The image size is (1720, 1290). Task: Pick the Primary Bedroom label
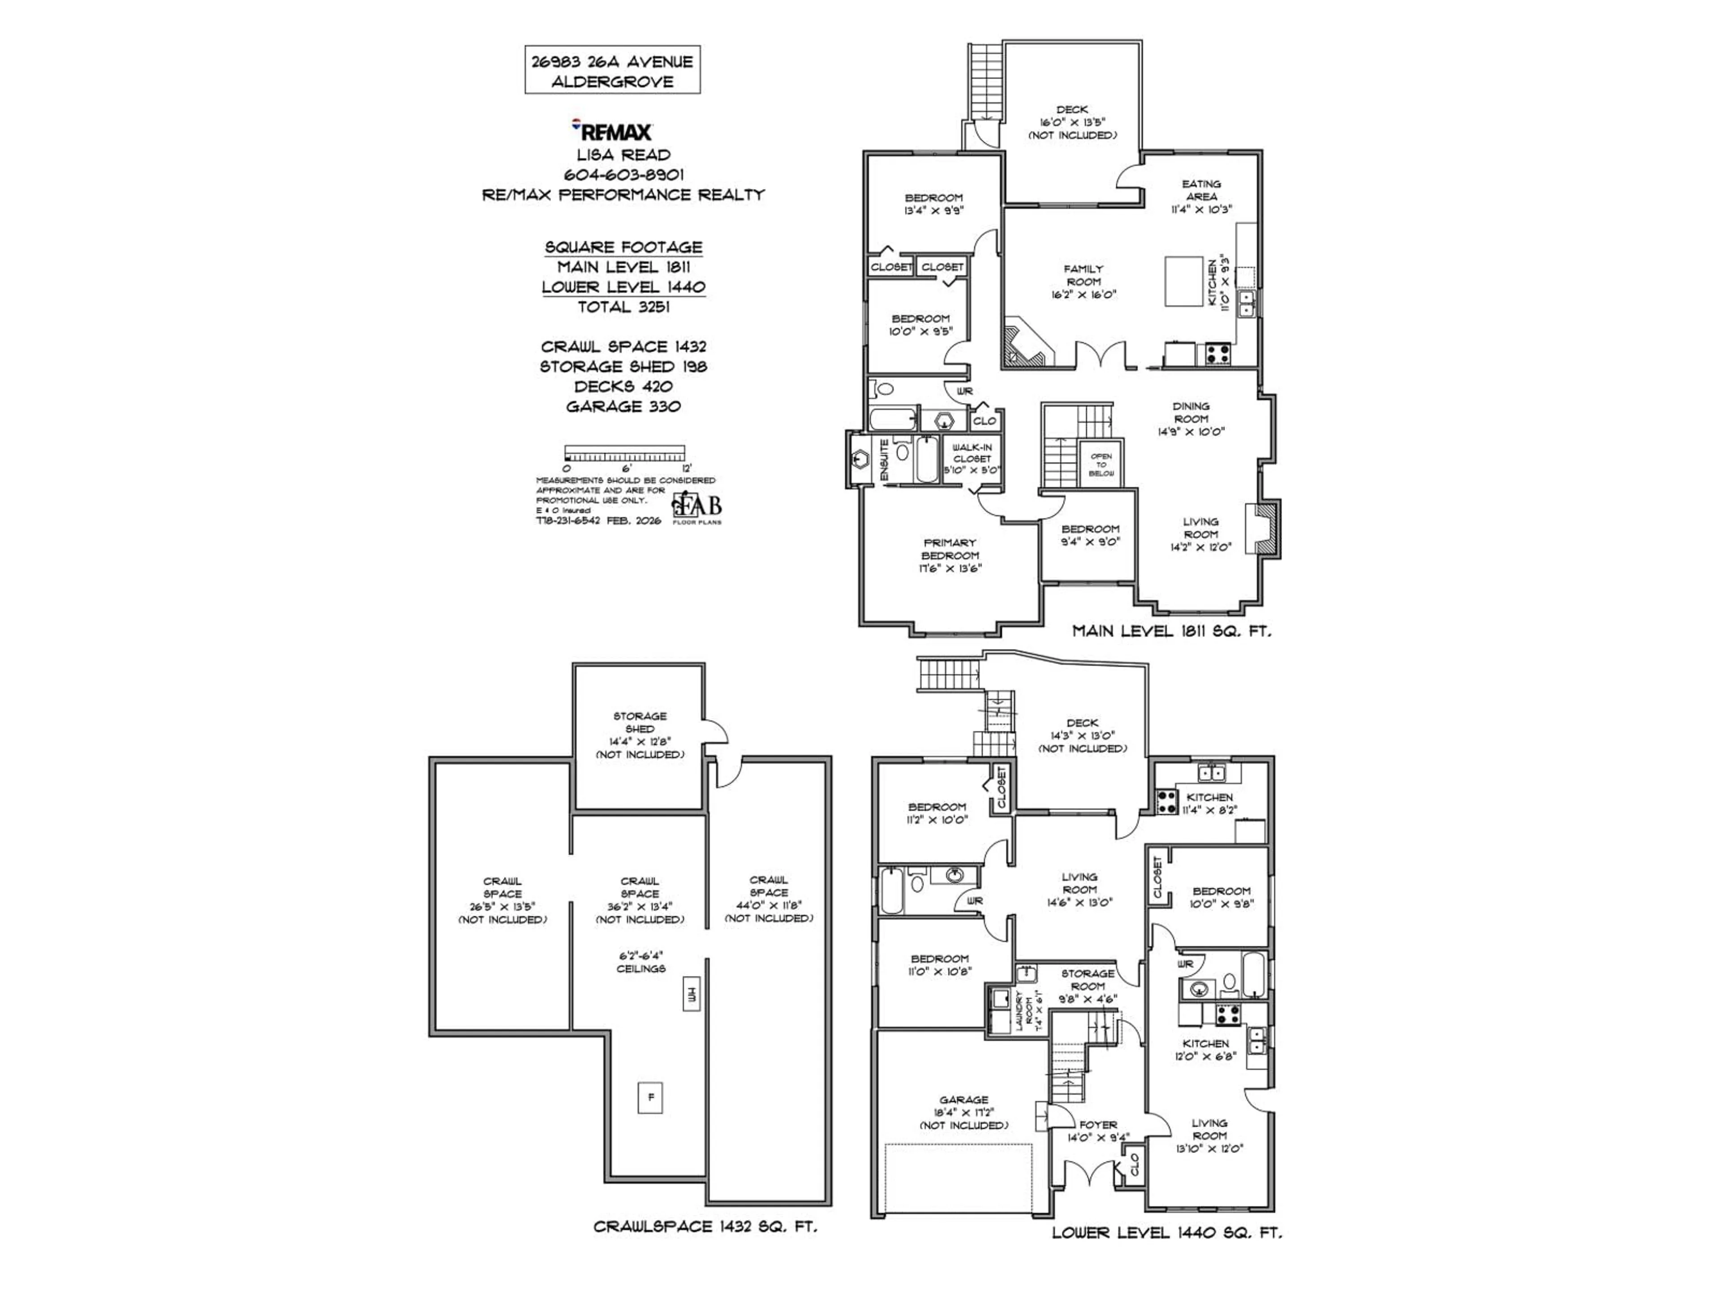pos(950,555)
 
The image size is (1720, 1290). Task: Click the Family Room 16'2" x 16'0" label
pos(1083,281)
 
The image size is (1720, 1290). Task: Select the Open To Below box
pos(1101,464)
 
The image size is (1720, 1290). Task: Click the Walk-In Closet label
pos(972,459)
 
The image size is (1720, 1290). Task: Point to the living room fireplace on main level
pos(1262,529)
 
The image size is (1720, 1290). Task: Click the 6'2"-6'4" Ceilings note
pos(641,962)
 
